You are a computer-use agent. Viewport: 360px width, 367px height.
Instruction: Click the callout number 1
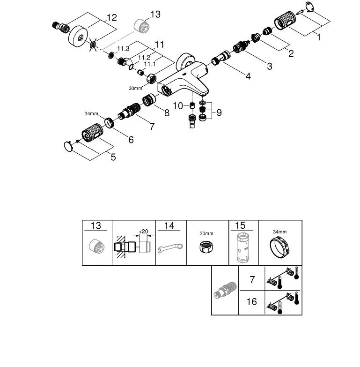(319, 37)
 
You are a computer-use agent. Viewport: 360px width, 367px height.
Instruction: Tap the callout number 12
(111, 18)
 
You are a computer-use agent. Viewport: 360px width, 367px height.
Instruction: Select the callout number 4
(248, 76)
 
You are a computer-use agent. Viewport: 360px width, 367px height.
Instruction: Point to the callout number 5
(113, 157)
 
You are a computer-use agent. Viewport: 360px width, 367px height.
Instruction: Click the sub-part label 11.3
(123, 48)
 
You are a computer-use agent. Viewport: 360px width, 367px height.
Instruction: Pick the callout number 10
(178, 106)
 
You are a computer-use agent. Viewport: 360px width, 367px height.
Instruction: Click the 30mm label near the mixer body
(134, 87)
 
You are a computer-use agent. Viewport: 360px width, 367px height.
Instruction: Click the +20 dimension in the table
(143, 232)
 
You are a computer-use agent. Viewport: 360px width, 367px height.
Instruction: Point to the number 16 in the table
(251, 301)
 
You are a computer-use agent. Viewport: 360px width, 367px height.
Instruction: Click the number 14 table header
(169, 225)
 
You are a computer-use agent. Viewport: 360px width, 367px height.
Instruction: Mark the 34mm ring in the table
(280, 247)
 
